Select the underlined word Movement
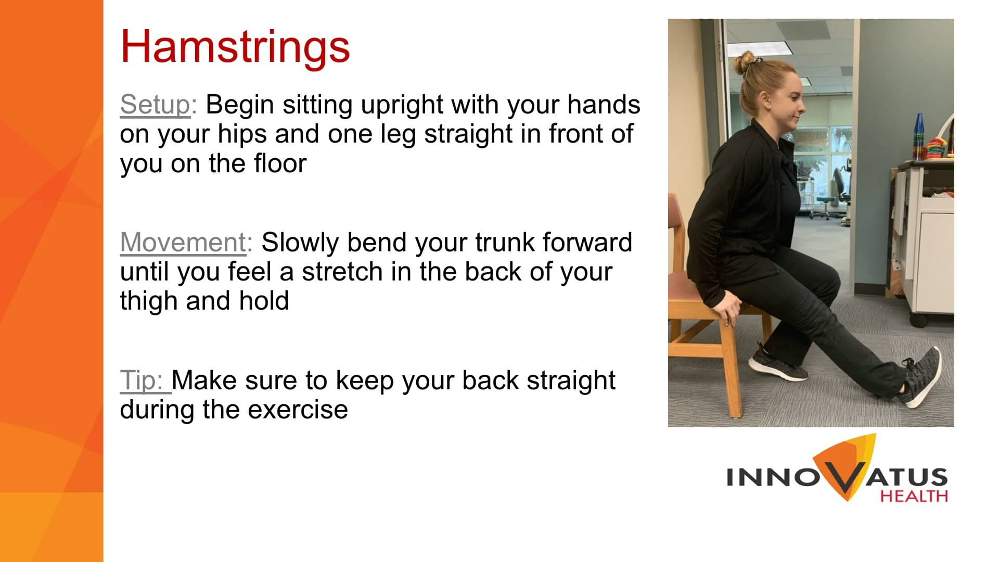(183, 242)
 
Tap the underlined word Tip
(142, 381)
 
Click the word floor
(280, 163)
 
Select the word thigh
(149, 302)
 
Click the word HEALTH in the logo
(914, 495)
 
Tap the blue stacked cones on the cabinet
(919, 136)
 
